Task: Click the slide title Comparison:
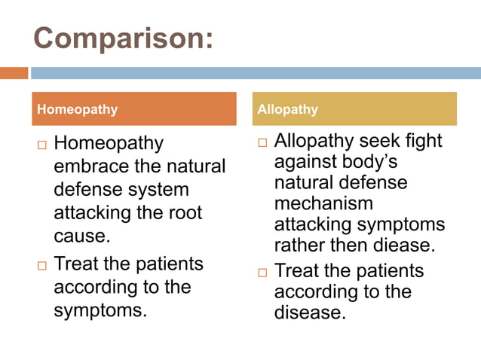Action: point(123,39)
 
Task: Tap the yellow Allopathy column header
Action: point(354,109)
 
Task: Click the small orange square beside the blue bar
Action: point(14,73)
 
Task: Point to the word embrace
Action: point(89,166)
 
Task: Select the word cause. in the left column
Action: point(82,236)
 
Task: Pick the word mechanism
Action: point(323,203)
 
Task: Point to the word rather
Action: point(299,246)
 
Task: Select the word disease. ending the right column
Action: point(309,313)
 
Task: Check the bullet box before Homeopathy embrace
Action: point(42,144)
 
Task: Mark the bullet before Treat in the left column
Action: point(42,265)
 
